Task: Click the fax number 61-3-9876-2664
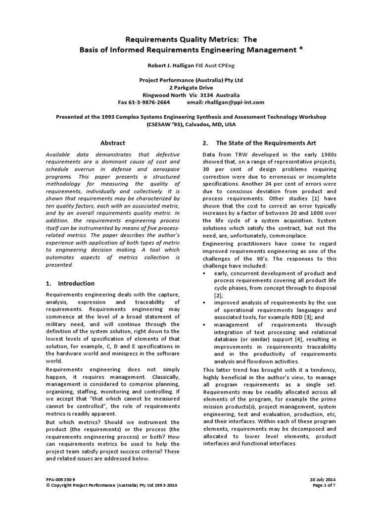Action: click(150, 102)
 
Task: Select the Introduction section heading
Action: click(76, 284)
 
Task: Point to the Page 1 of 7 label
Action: click(325, 486)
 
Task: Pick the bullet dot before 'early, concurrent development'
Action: click(205, 273)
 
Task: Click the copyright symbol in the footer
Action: click(47, 486)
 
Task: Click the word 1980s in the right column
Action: click(327, 155)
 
